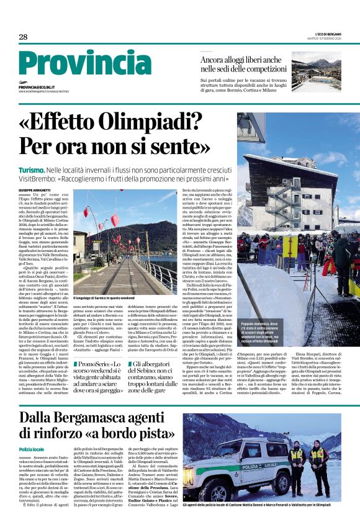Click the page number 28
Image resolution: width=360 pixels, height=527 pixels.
tap(22, 37)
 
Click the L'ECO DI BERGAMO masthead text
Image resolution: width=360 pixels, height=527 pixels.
tap(323, 35)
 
